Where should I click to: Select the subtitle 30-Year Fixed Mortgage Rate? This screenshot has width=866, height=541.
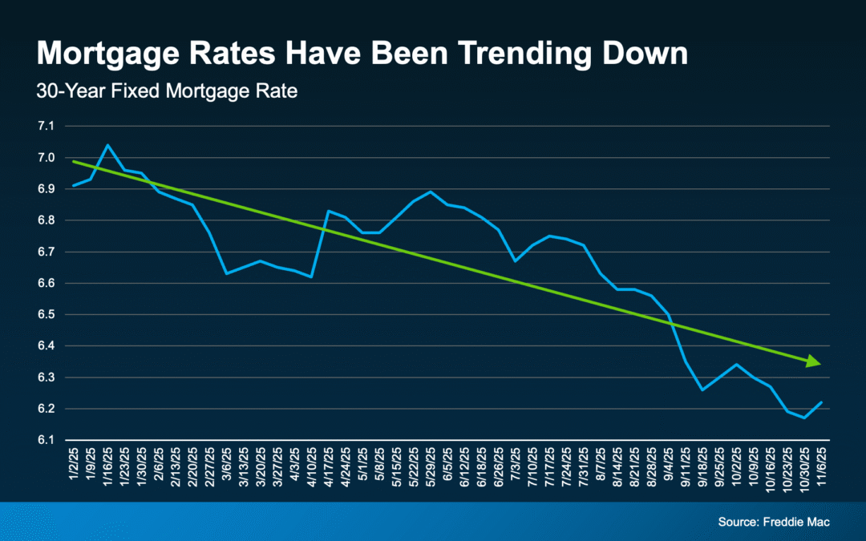167,91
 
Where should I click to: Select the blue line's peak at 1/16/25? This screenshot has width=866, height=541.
108,145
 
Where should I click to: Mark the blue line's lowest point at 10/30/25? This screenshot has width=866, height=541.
803,418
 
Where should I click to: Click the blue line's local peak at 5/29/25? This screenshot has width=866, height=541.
431,192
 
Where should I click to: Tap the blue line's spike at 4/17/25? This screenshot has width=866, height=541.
328,211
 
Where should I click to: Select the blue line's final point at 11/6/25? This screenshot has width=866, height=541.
820,402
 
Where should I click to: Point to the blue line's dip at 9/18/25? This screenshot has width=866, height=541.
702,390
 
